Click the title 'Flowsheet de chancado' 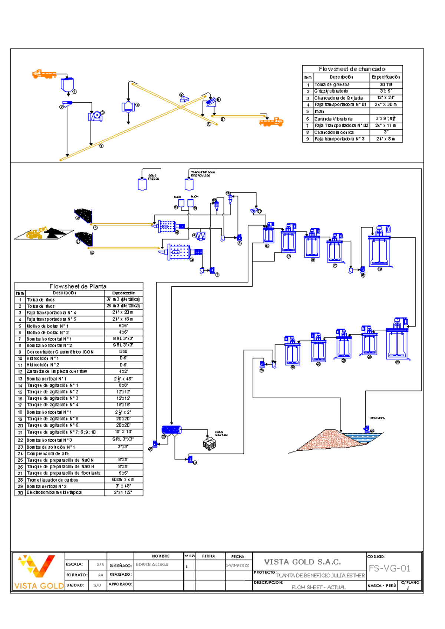pos(352,69)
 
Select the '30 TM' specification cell pos(386,84)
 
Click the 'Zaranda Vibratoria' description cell pos(333,119)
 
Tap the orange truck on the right pos(271,122)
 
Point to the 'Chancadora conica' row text pos(334,132)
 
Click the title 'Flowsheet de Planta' pos(78,286)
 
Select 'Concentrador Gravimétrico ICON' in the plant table pos(60,352)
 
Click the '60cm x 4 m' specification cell pos(123,480)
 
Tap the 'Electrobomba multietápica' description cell pos(54,493)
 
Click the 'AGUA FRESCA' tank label pos(153,177)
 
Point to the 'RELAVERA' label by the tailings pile pos(378,418)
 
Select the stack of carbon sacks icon pos(210,443)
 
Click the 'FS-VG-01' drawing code pos(389,568)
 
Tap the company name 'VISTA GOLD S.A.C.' pos(303,562)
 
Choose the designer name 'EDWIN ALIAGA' pos(152,565)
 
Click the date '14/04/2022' pos(237,565)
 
